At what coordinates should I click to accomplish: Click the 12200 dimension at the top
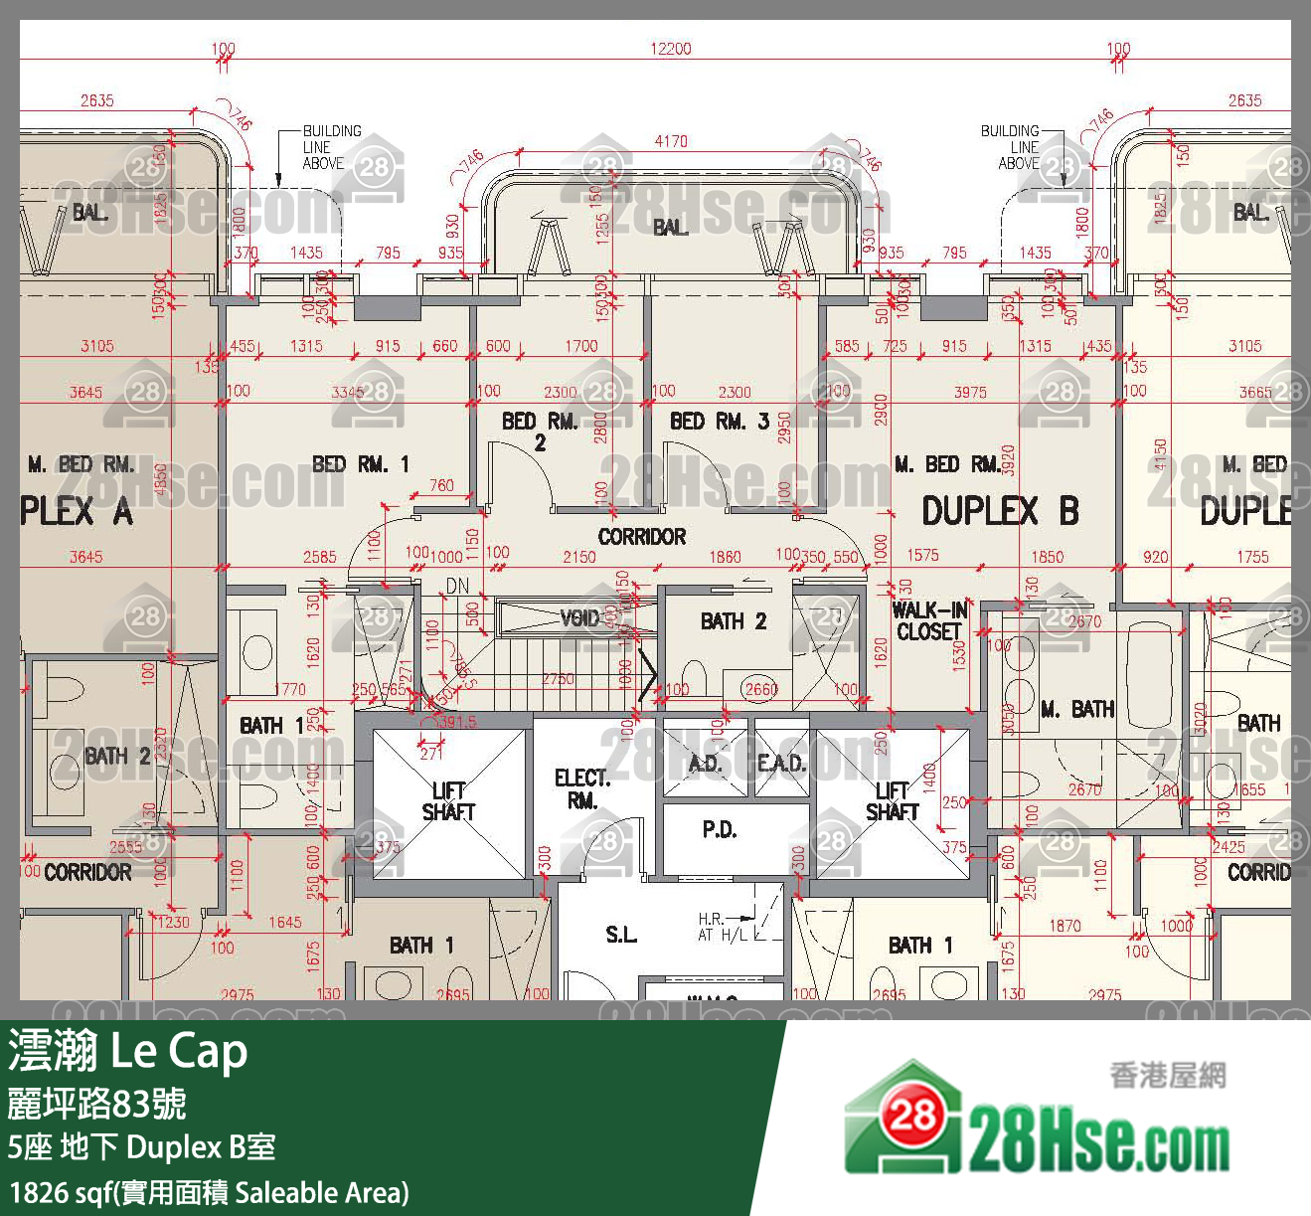[x=670, y=49]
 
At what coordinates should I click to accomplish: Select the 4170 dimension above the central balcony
[x=670, y=141]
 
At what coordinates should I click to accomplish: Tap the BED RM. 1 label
[x=360, y=464]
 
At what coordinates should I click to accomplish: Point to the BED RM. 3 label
[x=719, y=422]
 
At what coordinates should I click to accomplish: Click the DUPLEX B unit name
[x=999, y=511]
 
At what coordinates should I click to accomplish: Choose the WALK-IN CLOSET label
[x=928, y=621]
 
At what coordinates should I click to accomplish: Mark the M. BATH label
[x=1077, y=709]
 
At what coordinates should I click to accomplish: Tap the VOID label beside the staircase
[x=579, y=618]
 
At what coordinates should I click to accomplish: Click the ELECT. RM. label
[x=582, y=788]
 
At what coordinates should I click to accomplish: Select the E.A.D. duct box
[x=781, y=763]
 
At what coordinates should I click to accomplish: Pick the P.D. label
[x=719, y=829]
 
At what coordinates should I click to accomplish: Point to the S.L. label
[x=621, y=935]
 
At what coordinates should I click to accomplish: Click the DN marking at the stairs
[x=457, y=587]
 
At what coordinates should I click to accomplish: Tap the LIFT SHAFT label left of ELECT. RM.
[x=448, y=800]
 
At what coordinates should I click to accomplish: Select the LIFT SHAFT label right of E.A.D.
[x=892, y=800]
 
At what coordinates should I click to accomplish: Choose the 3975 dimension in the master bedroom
[x=970, y=392]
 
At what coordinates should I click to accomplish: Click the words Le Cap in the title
[x=179, y=1050]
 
